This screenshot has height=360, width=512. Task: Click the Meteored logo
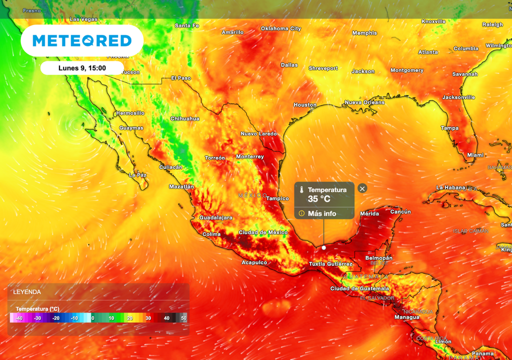click(82, 41)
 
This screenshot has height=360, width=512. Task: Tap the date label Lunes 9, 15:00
click(82, 67)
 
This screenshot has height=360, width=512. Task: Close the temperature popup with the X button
click(362, 188)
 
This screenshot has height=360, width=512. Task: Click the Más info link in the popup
click(322, 213)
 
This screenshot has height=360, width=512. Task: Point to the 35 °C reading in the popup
click(319, 199)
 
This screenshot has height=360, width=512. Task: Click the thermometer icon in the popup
click(301, 190)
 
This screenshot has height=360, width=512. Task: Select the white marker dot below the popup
click(323, 247)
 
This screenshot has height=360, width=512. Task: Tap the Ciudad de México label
click(263, 232)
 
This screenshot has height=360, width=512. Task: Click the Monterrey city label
click(250, 156)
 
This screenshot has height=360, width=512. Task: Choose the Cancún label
click(400, 212)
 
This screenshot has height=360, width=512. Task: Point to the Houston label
click(305, 105)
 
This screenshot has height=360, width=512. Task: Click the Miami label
click(475, 155)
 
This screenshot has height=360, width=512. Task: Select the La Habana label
click(450, 187)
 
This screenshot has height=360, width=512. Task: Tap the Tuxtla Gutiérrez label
click(330, 264)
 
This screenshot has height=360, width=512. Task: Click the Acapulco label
click(254, 262)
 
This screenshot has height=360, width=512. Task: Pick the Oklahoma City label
click(281, 28)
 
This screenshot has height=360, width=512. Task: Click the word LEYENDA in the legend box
click(27, 291)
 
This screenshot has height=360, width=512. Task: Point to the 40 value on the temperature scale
click(166, 318)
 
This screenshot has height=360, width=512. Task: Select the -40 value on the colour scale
click(19, 318)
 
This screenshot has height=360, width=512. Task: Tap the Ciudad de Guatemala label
click(359, 288)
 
